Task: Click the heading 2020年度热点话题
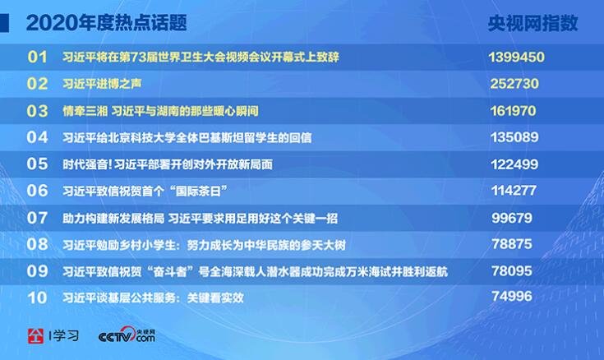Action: pyautogui.click(x=106, y=23)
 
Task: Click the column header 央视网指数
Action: pyautogui.click(x=533, y=23)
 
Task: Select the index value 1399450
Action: pyautogui.click(x=517, y=57)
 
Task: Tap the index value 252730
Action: pyautogui.click(x=514, y=84)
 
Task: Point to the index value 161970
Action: pyautogui.click(x=513, y=111)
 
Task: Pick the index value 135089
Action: pyautogui.click(x=514, y=137)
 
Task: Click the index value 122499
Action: pyautogui.click(x=514, y=164)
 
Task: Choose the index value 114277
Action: pyautogui.click(x=514, y=191)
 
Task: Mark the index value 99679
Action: pyautogui.click(x=511, y=218)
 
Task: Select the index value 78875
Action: pyautogui.click(x=511, y=244)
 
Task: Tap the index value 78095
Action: pyautogui.click(x=511, y=271)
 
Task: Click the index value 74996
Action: pyautogui.click(x=511, y=297)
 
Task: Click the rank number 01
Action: pyautogui.click(x=37, y=57)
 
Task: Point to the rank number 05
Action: pyautogui.click(x=37, y=164)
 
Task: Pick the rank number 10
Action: pyautogui.click(x=37, y=298)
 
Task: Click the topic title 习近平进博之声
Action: pyautogui.click(x=102, y=84)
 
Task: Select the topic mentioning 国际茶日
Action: pyautogui.click(x=145, y=191)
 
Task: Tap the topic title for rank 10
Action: pyautogui.click(x=153, y=298)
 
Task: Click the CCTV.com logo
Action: pyautogui.click(x=127, y=335)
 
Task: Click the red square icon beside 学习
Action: pyautogui.click(x=35, y=336)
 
